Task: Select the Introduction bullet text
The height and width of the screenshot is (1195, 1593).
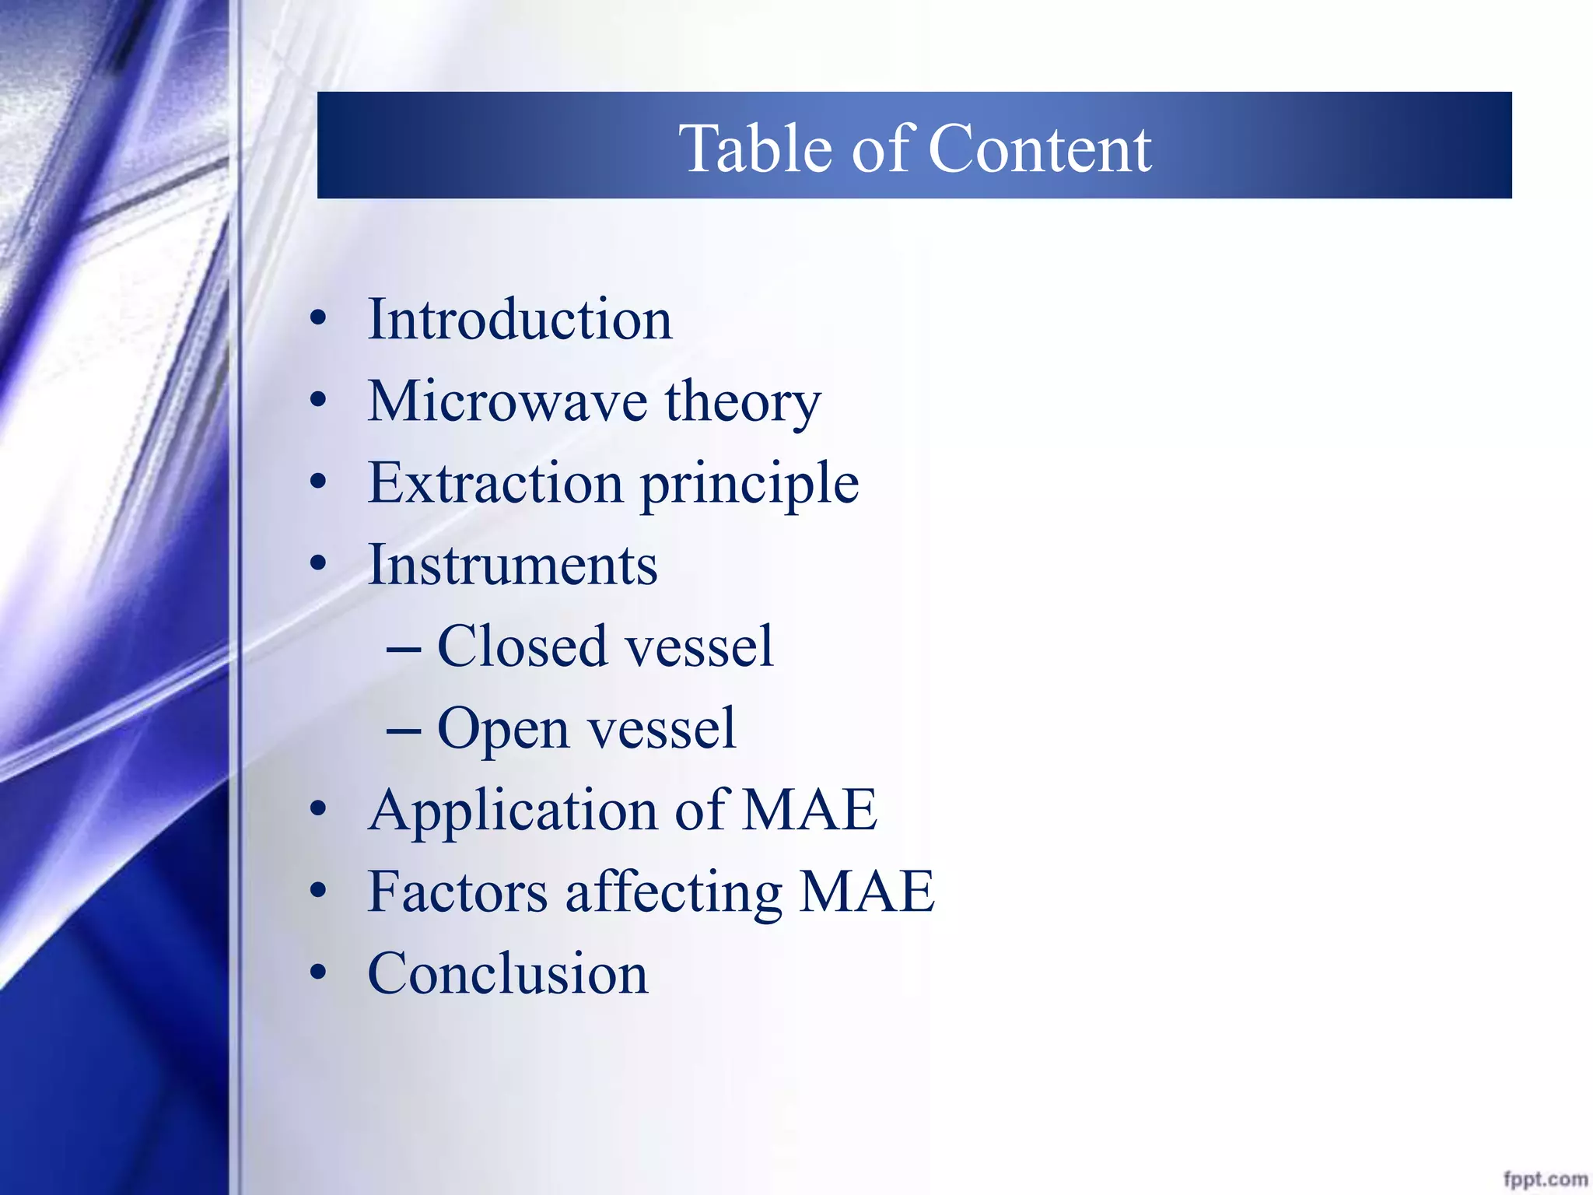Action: [x=520, y=320]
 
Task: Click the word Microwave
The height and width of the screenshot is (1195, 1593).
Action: [x=507, y=401]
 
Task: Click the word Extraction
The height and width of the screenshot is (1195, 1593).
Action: [x=495, y=483]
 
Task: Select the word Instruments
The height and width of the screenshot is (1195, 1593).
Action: [x=513, y=565]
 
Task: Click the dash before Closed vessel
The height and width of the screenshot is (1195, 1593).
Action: [x=404, y=648]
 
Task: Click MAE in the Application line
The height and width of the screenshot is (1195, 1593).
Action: [x=810, y=810]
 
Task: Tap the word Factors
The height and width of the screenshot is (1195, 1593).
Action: [x=457, y=892]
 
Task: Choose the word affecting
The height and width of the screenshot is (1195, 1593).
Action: [x=674, y=893]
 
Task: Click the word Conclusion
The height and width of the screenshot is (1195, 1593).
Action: [x=507, y=973]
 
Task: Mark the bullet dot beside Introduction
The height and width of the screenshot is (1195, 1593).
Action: [x=318, y=320]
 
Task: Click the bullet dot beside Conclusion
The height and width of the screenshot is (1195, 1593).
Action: [x=318, y=973]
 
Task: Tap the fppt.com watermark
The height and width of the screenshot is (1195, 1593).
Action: [x=1545, y=1179]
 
